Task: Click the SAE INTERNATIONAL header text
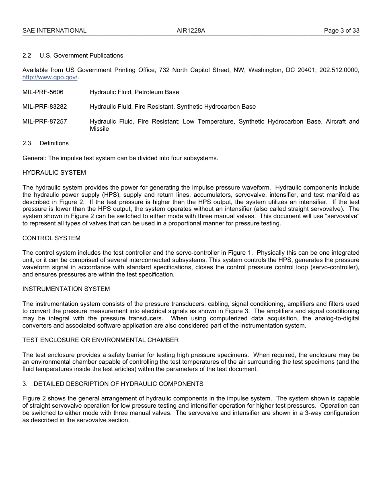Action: [x=54, y=31]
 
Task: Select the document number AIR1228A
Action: [x=191, y=31]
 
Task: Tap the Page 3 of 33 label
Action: [x=342, y=31]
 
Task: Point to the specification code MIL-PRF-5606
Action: [x=43, y=92]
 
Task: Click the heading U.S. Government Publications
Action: [x=81, y=56]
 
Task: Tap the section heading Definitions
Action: [x=54, y=143]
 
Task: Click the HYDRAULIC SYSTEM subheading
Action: [x=54, y=173]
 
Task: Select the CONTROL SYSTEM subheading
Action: [x=51, y=238]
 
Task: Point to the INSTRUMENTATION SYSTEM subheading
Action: [x=66, y=289]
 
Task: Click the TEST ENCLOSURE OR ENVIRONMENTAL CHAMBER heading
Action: [x=101, y=340]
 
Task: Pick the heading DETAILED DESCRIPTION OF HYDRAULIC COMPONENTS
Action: [x=118, y=384]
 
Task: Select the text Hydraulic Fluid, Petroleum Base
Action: [x=134, y=92]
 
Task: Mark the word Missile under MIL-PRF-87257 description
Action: [x=99, y=129]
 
